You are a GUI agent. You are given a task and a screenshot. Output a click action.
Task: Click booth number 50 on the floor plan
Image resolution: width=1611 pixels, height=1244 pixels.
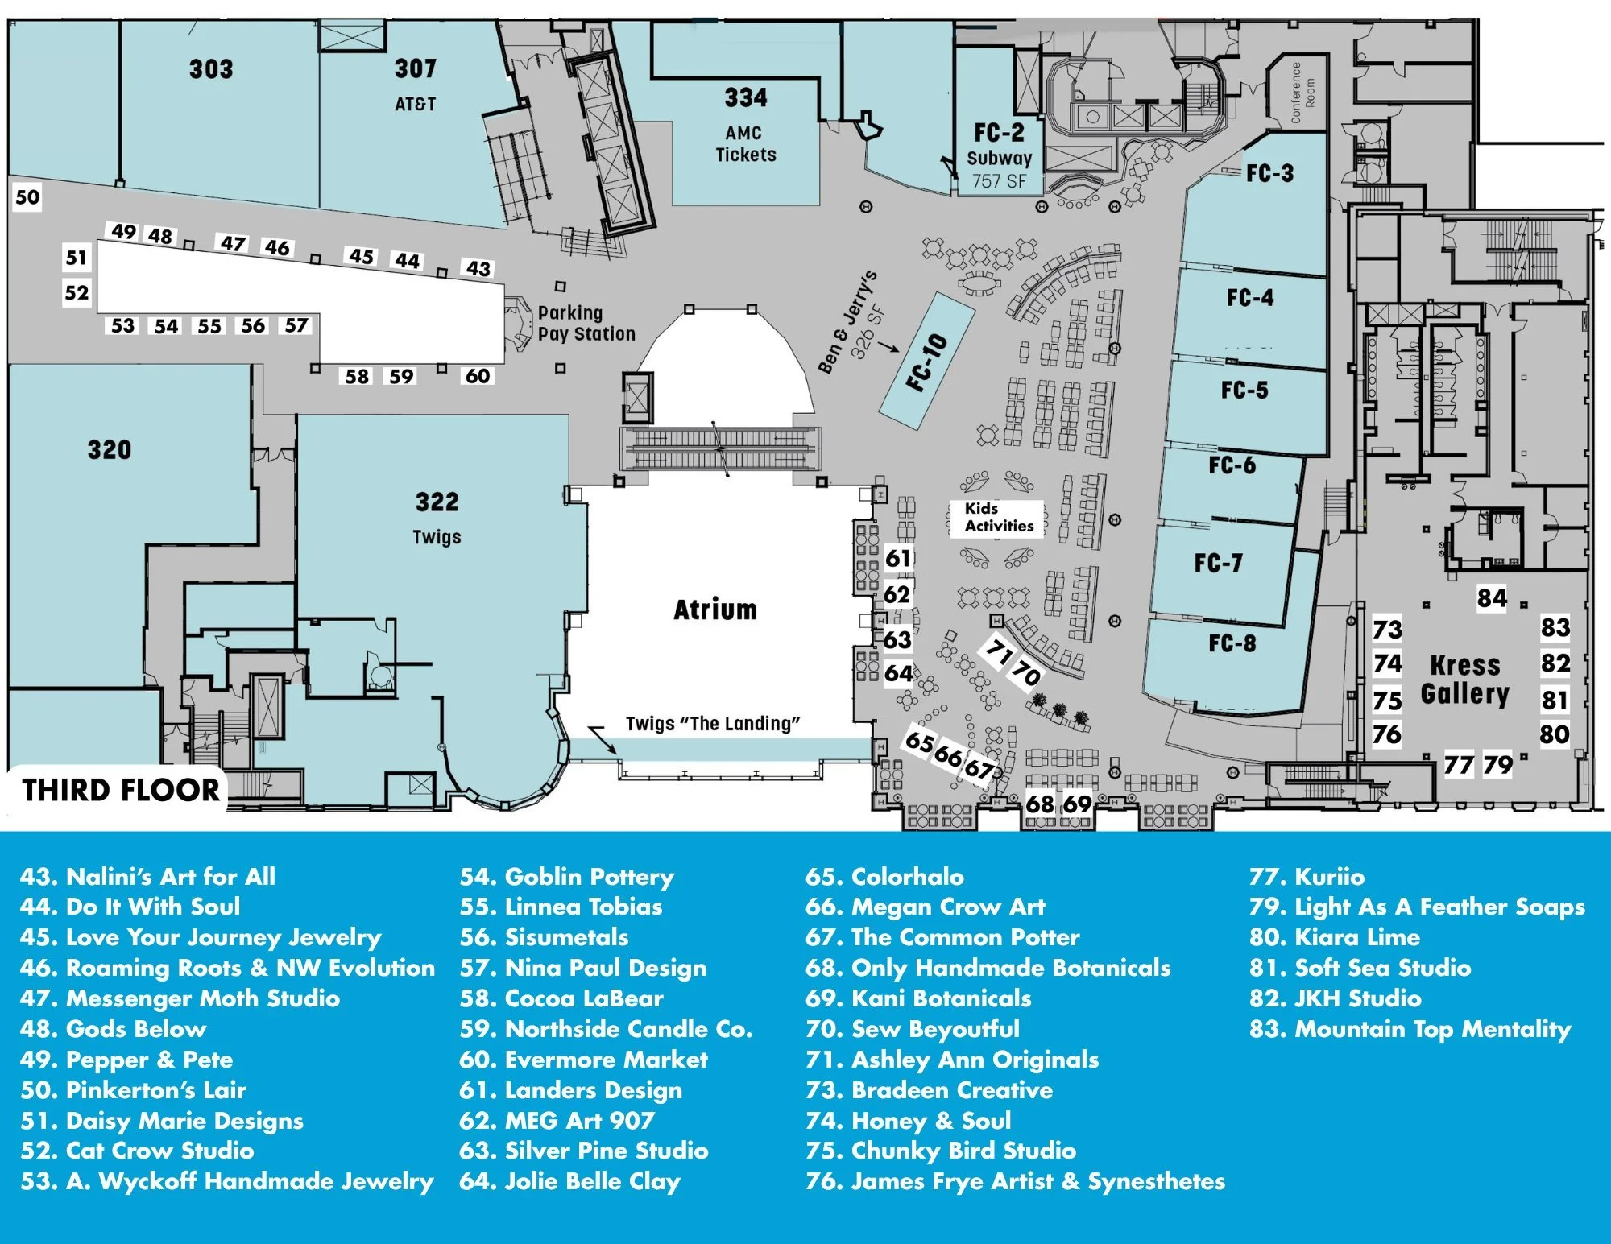27,197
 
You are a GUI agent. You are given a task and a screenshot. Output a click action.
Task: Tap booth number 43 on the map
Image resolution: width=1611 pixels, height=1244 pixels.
478,268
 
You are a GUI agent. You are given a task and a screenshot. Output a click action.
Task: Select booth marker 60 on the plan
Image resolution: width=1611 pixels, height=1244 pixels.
478,376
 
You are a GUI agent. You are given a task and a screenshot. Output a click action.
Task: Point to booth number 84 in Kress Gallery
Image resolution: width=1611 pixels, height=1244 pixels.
1492,598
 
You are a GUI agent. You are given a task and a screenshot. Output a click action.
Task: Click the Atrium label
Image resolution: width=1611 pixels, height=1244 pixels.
715,610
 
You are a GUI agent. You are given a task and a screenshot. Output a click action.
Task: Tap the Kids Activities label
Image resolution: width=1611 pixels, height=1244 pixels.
999,517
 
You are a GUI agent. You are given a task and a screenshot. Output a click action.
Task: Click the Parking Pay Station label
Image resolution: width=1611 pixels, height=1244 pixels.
586,323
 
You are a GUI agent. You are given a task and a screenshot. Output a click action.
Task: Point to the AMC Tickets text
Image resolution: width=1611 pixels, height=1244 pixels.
745,144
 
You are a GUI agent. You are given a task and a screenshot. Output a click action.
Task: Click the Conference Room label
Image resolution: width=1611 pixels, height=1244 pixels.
1302,93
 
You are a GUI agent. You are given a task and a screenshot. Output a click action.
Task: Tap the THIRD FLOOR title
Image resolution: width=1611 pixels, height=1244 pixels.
121,790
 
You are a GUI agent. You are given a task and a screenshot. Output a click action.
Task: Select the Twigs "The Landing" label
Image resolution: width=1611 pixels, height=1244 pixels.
713,724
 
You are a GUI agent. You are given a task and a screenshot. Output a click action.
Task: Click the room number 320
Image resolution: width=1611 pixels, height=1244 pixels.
110,449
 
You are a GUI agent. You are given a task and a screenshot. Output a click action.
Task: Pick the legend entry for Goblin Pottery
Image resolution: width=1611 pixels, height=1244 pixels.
566,876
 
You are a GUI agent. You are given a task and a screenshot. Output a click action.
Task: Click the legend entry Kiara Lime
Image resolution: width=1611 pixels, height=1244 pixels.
1335,937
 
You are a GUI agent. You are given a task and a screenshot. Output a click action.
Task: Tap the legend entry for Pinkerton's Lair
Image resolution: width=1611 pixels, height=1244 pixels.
133,1090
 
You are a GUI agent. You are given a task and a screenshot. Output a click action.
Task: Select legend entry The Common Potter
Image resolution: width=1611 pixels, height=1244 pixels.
942,937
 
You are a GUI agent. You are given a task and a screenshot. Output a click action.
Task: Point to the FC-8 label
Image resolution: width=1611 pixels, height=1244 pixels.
1232,643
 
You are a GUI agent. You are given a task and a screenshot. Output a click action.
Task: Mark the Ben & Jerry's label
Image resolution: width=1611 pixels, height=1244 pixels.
847,322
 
